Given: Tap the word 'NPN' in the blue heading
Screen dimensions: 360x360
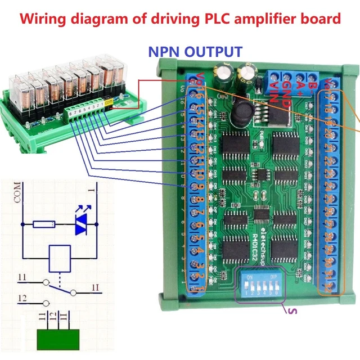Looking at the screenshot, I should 164,52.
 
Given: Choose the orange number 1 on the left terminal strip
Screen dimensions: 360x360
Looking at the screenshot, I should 195,287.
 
